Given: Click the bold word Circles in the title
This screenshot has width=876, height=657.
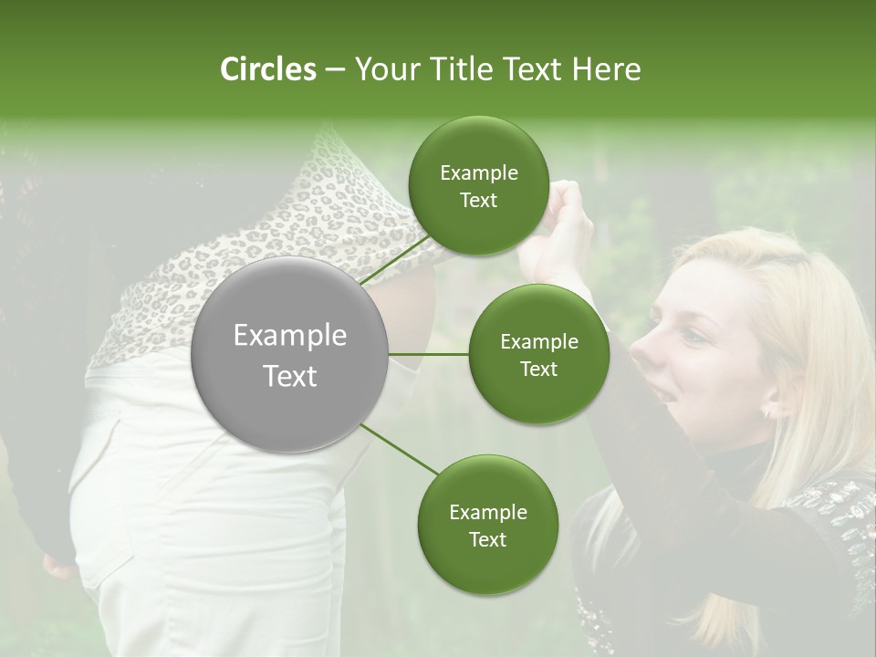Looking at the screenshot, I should (267, 69).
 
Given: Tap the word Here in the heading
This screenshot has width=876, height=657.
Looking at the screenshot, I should (606, 69).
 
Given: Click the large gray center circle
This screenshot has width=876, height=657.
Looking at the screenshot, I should (290, 354).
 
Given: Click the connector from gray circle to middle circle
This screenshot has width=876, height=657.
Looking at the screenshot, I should (429, 353).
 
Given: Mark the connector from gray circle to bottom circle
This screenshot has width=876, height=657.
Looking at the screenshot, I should (400, 449).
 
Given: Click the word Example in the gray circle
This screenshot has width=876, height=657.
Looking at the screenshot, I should (290, 336).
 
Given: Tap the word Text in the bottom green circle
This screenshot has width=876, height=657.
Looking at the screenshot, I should (487, 539).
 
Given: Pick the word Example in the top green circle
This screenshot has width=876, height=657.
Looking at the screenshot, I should (478, 172).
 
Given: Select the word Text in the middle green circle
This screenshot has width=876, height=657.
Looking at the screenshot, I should (538, 369).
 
